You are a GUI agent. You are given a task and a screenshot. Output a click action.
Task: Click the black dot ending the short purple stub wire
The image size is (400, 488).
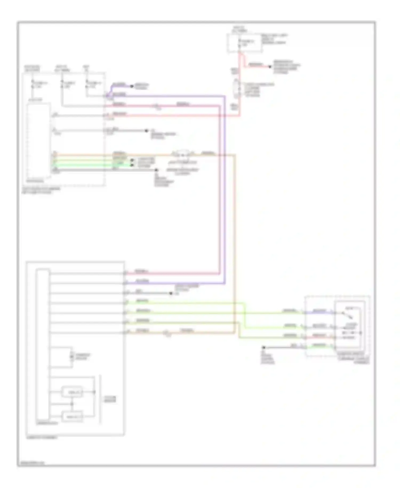(x=131, y=86)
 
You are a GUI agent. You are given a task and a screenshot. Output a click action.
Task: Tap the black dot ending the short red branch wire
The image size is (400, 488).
(x=270, y=66)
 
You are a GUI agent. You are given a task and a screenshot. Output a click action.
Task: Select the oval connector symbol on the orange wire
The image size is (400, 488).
(x=182, y=155)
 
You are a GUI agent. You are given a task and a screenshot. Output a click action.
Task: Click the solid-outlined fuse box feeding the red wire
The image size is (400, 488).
(x=244, y=43)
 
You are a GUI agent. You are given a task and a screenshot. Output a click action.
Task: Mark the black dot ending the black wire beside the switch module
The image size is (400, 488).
(x=264, y=347)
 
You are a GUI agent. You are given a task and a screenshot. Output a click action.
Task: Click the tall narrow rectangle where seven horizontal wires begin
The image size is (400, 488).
(x=43, y=344)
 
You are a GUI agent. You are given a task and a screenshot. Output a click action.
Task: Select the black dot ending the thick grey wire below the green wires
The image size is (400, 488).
(x=157, y=170)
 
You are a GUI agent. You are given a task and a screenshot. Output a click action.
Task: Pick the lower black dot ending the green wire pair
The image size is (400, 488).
(x=132, y=165)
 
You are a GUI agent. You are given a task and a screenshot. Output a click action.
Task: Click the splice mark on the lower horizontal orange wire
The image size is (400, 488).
(x=167, y=333)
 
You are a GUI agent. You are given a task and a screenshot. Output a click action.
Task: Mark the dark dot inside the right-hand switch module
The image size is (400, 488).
(x=361, y=333)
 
